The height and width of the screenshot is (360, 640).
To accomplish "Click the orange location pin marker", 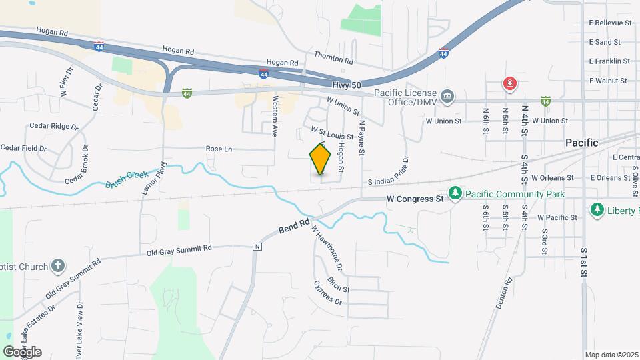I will pos(321,159).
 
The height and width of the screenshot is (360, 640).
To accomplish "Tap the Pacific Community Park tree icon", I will pos(455,193).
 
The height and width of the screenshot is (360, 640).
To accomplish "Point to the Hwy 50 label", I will pos(347,85).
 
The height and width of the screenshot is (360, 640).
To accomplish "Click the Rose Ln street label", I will pos(219,149).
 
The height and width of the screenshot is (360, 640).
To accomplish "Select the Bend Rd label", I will pos(294,227).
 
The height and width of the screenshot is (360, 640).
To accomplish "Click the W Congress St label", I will pos(415,199).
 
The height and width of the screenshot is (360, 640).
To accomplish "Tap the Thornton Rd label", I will pos(333,59).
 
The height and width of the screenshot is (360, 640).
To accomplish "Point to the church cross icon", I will pos(58,267).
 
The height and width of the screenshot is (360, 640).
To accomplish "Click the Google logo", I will pos(22,351).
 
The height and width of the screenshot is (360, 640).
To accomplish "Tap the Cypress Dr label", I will pos(327,293).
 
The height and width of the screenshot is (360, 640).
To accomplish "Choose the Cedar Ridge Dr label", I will pos(54,126).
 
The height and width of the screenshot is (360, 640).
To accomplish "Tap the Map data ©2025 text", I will pos(611,355).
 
